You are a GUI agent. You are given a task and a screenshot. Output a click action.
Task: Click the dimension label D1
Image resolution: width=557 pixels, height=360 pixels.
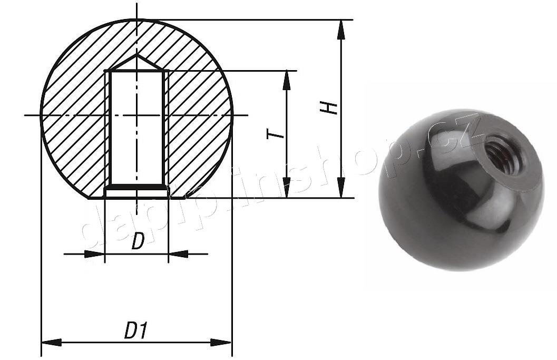(136, 331)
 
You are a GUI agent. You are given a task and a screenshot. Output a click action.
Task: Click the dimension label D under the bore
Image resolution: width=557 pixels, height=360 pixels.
(138, 242)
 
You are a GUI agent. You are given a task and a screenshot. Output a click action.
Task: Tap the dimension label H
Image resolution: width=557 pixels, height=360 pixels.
(330, 108)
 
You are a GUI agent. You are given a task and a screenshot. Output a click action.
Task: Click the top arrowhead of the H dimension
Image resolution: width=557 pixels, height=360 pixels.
(341, 29)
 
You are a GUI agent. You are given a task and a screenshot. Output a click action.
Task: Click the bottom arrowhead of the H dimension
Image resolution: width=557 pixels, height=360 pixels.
(341, 188)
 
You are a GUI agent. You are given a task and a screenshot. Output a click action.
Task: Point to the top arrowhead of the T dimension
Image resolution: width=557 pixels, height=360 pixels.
(287, 80)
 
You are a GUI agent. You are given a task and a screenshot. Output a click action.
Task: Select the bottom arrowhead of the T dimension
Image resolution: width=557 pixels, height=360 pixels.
(287, 188)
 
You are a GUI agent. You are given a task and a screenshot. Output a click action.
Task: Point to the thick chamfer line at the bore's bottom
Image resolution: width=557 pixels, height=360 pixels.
(136, 187)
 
